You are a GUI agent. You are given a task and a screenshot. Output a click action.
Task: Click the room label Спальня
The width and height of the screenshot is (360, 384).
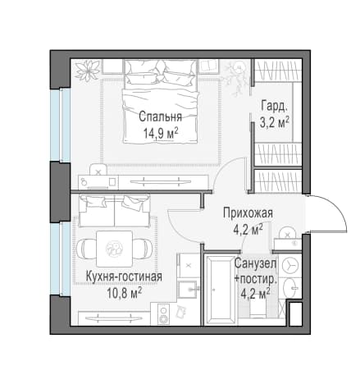(x=160, y=117)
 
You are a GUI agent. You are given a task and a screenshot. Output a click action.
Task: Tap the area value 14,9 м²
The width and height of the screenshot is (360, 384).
(x=161, y=134)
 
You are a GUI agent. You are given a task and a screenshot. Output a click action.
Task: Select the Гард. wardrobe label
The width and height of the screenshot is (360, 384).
(x=274, y=106)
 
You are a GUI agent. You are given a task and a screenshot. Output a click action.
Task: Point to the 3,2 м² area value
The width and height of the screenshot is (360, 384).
(x=274, y=123)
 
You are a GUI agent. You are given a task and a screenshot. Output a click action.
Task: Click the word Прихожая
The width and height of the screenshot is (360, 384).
(x=248, y=213)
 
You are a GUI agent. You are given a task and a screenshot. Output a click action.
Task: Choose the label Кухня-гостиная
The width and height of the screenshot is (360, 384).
(x=124, y=277)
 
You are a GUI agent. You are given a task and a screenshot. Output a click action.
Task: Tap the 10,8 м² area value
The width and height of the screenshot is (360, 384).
(x=125, y=294)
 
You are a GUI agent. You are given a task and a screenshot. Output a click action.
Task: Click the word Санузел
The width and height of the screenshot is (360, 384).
(x=255, y=264)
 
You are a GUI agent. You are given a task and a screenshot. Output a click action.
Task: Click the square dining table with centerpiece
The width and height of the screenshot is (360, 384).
(x=115, y=249)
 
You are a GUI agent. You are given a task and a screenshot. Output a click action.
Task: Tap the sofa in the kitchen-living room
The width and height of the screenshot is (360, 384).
(x=115, y=210)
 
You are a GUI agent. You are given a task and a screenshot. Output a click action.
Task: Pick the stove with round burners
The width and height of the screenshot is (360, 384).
(x=164, y=314)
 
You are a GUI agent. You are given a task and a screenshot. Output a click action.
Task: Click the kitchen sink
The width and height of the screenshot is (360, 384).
(x=187, y=289)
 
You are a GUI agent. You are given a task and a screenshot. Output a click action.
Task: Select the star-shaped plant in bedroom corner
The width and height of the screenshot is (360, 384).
(x=88, y=70)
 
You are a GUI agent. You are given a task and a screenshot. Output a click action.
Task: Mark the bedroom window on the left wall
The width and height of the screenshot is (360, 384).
(x=60, y=125)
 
